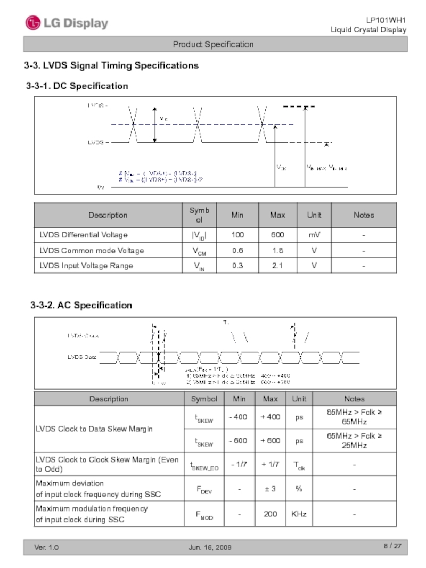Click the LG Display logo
coord(67,23)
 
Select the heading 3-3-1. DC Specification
coord(77,86)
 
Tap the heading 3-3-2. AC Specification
coord(81,305)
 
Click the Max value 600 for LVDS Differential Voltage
coord(277,235)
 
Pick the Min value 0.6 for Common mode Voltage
coord(237,250)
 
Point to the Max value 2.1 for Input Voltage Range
coord(277,265)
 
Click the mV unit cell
coord(314,235)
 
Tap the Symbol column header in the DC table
coord(199,215)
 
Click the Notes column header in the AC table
coord(354,398)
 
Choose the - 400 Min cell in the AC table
coord(237,417)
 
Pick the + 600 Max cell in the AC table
coord(270,440)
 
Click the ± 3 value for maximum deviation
coord(270,489)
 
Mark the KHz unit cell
coord(299,514)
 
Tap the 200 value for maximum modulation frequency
coord(270,514)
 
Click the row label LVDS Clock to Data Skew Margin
coord(94,429)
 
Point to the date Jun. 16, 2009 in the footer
coord(210,548)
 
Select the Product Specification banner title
coord(213,45)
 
